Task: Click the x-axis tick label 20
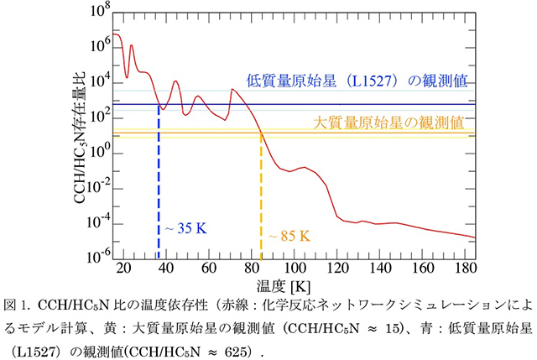click(123, 269)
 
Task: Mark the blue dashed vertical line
click(159, 185)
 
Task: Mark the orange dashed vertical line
click(261, 201)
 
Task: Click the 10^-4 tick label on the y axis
click(90, 222)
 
